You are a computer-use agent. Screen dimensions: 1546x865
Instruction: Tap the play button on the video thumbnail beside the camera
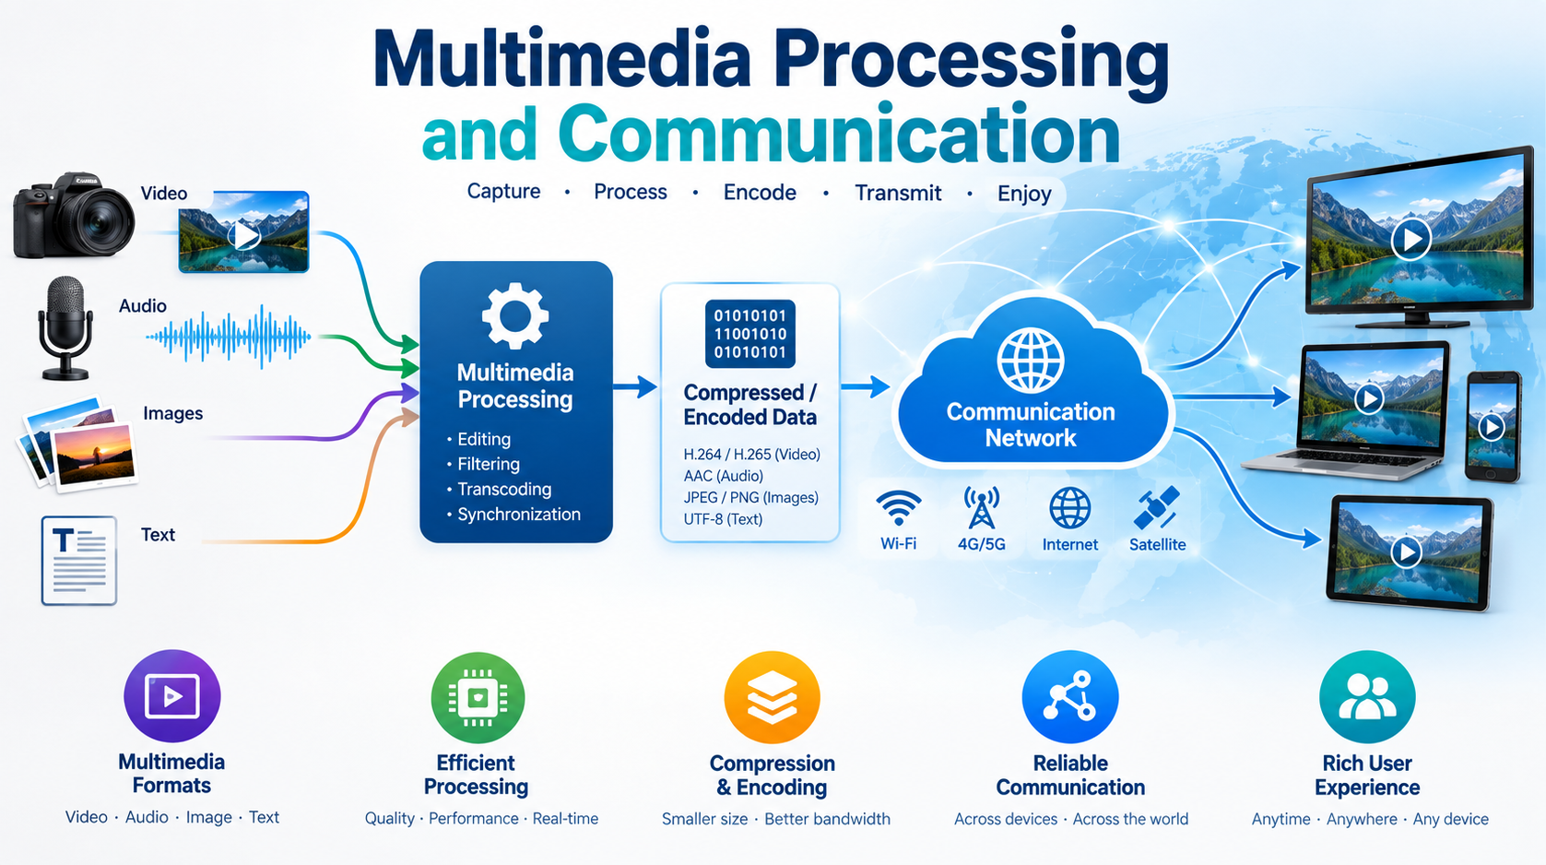244,235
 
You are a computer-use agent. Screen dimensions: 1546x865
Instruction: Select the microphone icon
65,328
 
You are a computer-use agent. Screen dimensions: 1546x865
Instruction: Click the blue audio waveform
229,337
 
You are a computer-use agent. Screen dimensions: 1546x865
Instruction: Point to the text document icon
78,561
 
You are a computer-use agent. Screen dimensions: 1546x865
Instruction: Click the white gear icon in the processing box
515,315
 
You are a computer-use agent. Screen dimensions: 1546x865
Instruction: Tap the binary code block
750,334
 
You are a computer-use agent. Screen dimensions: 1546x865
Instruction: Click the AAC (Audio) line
724,476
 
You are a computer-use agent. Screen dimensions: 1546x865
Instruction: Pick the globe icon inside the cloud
1031,361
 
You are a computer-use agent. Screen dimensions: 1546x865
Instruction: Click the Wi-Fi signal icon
898,509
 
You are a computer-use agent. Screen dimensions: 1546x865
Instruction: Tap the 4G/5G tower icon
982,507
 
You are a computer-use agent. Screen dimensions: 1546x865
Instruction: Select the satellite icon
1157,508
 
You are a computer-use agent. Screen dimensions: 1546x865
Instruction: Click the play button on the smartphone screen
1492,427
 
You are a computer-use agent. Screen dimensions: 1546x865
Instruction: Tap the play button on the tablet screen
1406,551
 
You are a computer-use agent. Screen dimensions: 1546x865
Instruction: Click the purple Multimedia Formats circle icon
172,696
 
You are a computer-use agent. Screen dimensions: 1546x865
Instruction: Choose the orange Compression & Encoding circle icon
773,697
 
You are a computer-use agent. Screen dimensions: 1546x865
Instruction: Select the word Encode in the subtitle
760,192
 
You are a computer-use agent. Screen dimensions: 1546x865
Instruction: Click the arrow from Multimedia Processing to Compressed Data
635,387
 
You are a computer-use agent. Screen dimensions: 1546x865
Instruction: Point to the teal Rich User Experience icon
1367,696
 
